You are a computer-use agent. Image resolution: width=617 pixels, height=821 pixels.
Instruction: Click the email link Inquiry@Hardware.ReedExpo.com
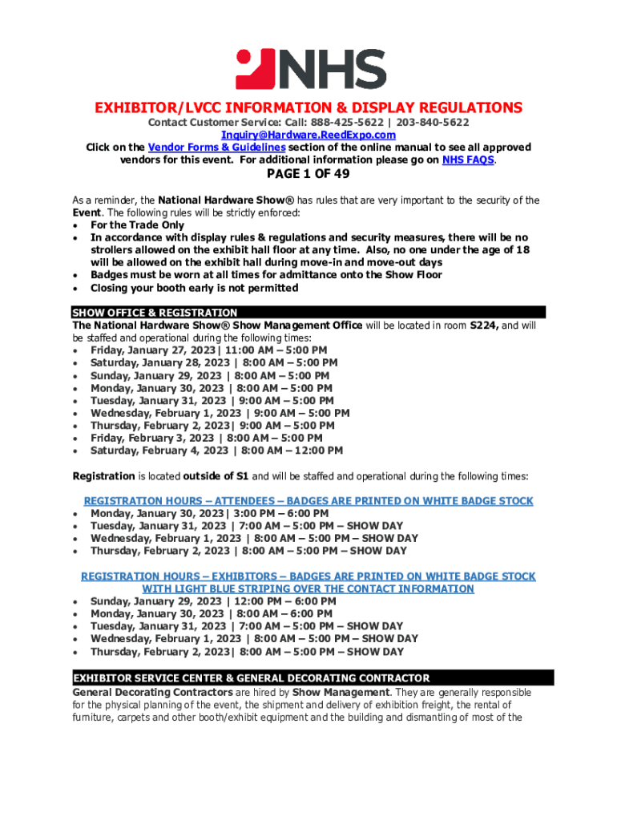click(308, 135)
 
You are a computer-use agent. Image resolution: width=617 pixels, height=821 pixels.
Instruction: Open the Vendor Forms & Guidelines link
click(216, 148)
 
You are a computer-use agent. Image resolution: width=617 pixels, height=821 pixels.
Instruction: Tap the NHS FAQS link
click(468, 160)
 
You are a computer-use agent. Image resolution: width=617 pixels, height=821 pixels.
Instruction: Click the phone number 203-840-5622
click(433, 122)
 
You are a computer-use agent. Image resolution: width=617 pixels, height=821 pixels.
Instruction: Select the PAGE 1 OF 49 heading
click(308, 175)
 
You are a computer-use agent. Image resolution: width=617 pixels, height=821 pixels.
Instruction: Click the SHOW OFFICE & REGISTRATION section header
click(155, 313)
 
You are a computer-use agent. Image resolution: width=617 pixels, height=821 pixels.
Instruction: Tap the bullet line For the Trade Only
click(137, 225)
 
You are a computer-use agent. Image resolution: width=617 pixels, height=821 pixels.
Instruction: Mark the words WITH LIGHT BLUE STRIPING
click(216, 588)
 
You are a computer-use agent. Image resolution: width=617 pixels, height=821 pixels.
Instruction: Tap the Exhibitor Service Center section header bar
click(313, 677)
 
